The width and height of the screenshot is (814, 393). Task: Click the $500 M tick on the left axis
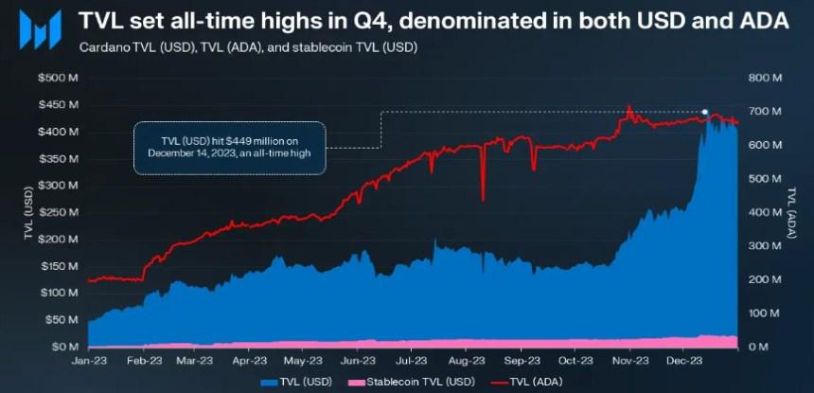57,78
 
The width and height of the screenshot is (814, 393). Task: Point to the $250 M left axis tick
57,212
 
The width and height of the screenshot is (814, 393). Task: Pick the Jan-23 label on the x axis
87,361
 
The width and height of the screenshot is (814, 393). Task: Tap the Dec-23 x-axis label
684,361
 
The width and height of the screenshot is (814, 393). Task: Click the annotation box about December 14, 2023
229,148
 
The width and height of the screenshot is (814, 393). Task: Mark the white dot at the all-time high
704,112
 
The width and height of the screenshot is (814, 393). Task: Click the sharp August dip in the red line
483,197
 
